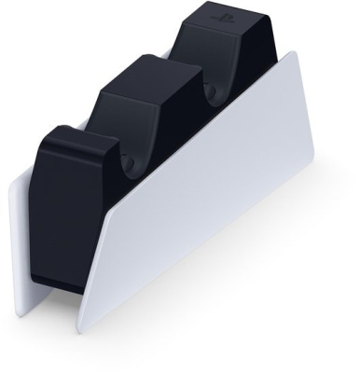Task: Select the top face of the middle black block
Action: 149,69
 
